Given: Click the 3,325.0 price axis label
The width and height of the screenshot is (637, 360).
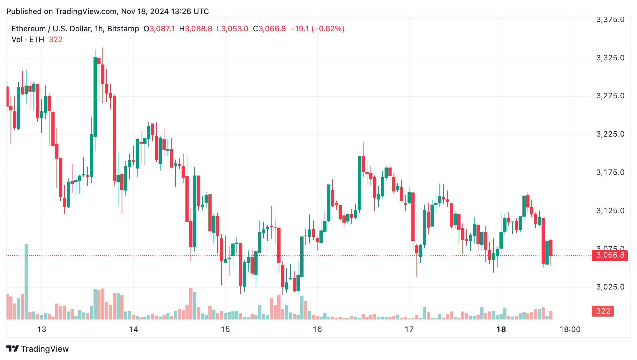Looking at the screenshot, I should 610,58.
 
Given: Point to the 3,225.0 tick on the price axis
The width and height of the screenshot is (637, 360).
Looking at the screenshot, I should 610,134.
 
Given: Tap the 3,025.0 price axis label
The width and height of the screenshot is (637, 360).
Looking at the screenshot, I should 610,287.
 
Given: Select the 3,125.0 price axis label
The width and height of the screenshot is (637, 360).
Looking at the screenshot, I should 610,211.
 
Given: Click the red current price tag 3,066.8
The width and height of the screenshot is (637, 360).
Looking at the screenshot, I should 610,255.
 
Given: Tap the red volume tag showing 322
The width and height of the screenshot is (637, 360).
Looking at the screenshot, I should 603,311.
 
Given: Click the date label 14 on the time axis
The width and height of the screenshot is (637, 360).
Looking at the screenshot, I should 133,329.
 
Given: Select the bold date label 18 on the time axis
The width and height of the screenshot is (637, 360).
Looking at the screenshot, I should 501,329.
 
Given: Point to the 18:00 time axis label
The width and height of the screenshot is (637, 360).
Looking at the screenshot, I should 570,329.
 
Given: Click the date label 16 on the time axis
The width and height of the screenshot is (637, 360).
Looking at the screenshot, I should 317,329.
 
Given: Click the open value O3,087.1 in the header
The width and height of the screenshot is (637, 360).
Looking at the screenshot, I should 159,29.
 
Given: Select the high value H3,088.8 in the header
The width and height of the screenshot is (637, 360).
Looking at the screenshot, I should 196,29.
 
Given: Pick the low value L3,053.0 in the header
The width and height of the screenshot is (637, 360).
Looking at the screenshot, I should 232,29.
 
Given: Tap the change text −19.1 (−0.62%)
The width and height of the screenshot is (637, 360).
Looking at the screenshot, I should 317,29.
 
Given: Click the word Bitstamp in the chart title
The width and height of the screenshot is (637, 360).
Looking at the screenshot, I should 123,29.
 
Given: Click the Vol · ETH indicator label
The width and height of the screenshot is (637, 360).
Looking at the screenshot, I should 28,40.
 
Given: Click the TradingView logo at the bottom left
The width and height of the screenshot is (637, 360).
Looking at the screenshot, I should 38,349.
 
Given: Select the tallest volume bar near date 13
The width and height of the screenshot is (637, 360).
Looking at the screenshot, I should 26,281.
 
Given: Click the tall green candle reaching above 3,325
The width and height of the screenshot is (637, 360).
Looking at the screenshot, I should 95,96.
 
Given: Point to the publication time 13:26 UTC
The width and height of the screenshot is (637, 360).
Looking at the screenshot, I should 190,11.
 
